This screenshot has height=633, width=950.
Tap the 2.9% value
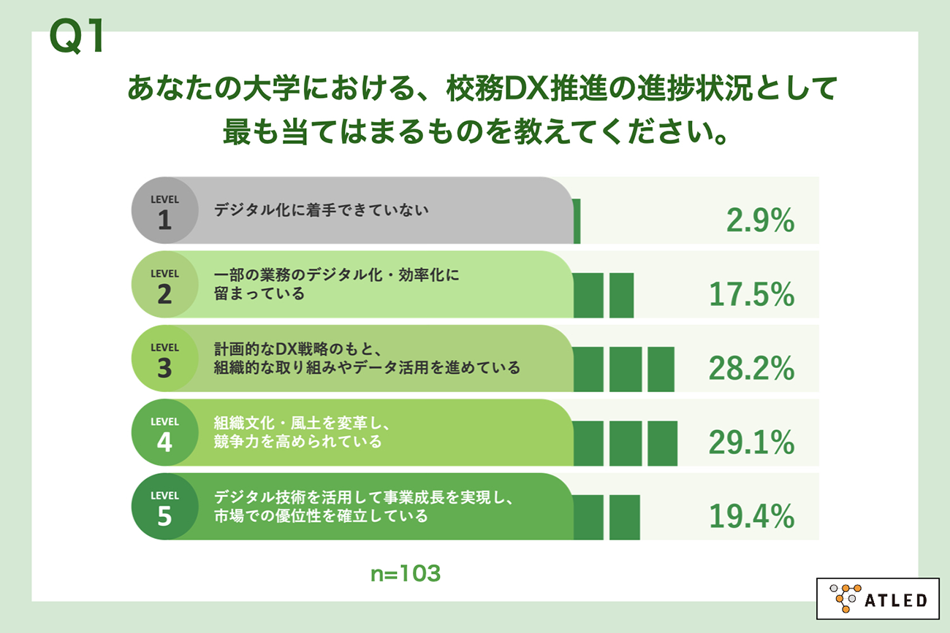[x=760, y=220]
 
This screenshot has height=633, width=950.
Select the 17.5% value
[x=751, y=295]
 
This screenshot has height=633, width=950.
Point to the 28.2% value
[x=751, y=369]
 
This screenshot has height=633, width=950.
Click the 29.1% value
[x=751, y=442]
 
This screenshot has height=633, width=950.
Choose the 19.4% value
[x=751, y=517]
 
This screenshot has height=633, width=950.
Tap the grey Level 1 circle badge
[x=164, y=211]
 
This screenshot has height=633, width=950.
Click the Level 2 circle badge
[x=164, y=285]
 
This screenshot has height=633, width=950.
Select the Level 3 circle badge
[x=164, y=359]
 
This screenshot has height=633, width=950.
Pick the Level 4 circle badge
[x=164, y=433]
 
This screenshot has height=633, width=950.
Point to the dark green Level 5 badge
[x=164, y=507]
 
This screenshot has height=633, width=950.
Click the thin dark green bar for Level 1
[x=577, y=220]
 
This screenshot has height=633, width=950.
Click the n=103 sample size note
[x=405, y=574]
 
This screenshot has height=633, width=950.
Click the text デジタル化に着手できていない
[x=321, y=210]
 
